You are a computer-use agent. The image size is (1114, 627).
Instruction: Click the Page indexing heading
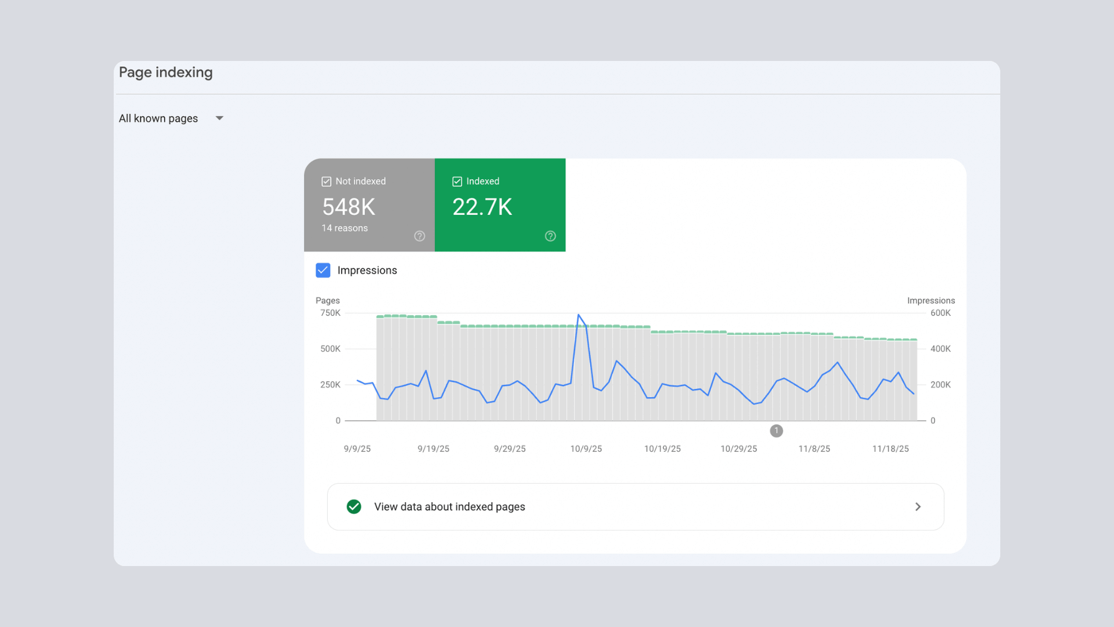(166, 73)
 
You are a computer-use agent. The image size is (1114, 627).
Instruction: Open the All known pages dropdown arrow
(219, 118)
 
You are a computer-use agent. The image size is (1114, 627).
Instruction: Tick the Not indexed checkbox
(326, 182)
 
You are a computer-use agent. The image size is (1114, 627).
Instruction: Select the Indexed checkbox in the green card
(457, 182)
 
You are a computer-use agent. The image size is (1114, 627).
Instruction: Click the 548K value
(349, 207)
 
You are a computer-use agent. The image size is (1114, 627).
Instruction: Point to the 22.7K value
(482, 207)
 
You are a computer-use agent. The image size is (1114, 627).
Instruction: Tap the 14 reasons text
(345, 228)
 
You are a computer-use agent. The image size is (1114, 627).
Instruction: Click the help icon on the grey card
(419, 236)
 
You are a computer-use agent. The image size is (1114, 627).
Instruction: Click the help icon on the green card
(550, 236)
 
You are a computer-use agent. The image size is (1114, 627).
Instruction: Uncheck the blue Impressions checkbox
(323, 271)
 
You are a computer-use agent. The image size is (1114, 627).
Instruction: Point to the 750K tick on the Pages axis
(330, 313)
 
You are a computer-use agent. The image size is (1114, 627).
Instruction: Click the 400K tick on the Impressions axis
(941, 349)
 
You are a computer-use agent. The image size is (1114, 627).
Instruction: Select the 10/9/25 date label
(586, 449)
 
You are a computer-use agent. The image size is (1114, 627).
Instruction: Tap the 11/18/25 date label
(891, 449)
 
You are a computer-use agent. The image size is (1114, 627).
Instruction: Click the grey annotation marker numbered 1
(776, 431)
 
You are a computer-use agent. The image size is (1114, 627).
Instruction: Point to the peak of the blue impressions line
(578, 315)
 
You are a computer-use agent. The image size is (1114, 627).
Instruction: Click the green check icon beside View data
(354, 507)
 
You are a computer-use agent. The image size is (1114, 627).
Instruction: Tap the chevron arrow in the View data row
(918, 507)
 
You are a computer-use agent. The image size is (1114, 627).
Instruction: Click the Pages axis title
(328, 301)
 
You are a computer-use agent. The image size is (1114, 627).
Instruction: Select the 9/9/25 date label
(357, 449)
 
